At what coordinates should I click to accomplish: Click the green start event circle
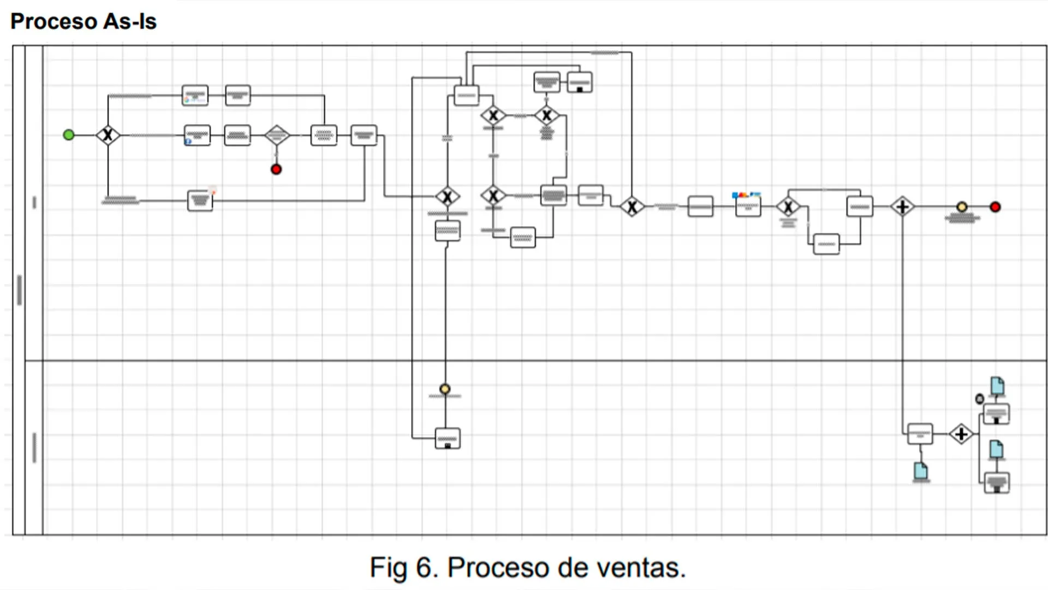pyautogui.click(x=68, y=134)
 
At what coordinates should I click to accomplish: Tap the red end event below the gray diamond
pyautogui.click(x=276, y=169)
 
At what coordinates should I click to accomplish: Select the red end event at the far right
pyautogui.click(x=995, y=207)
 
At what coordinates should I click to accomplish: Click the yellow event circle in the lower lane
pyautogui.click(x=445, y=389)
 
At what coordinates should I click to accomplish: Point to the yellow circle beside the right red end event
pyautogui.click(x=962, y=207)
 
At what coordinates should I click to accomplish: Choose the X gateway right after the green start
pyautogui.click(x=108, y=134)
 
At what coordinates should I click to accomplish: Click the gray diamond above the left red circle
pyautogui.click(x=277, y=134)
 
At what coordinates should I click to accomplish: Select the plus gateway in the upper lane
pyautogui.click(x=902, y=207)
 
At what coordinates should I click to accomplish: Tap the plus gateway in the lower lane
pyautogui.click(x=961, y=434)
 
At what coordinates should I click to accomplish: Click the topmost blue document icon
pyautogui.click(x=997, y=386)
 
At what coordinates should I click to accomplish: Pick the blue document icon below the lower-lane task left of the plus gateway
pyautogui.click(x=921, y=471)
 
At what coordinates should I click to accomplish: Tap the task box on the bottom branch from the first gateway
pyautogui.click(x=200, y=200)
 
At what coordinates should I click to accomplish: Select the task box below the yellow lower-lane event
pyautogui.click(x=448, y=438)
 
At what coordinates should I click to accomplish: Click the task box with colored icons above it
pyautogui.click(x=748, y=206)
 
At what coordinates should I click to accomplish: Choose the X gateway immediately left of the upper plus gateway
pyautogui.click(x=788, y=207)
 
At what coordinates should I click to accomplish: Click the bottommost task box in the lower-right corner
pyautogui.click(x=997, y=483)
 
